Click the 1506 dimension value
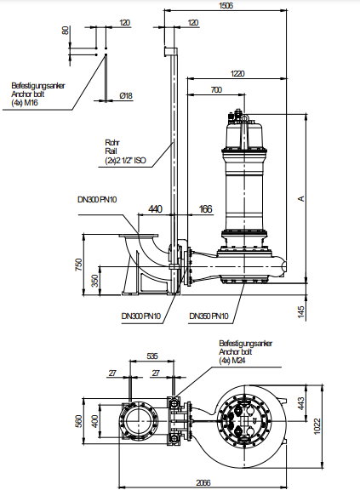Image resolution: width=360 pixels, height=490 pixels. [x=226, y=6]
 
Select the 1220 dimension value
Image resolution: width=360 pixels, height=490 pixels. [x=237, y=73]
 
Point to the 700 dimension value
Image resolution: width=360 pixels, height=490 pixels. [x=216, y=90]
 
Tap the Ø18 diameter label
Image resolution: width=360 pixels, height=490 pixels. [x=126, y=95]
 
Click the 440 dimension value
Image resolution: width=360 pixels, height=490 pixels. [x=155, y=208]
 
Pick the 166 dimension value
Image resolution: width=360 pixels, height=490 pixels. [x=206, y=208]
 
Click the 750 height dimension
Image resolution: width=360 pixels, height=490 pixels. [x=79, y=265]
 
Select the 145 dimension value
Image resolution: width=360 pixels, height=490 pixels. [x=300, y=312]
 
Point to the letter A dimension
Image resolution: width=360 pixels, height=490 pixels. [x=301, y=198]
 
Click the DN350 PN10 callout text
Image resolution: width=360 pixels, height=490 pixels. [x=209, y=316]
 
